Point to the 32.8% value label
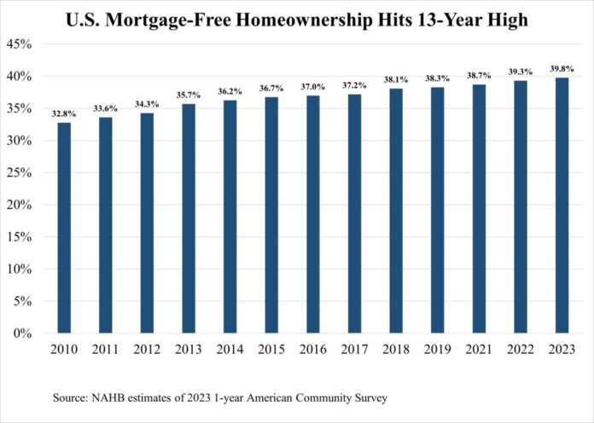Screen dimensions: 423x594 coord(64,114)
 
